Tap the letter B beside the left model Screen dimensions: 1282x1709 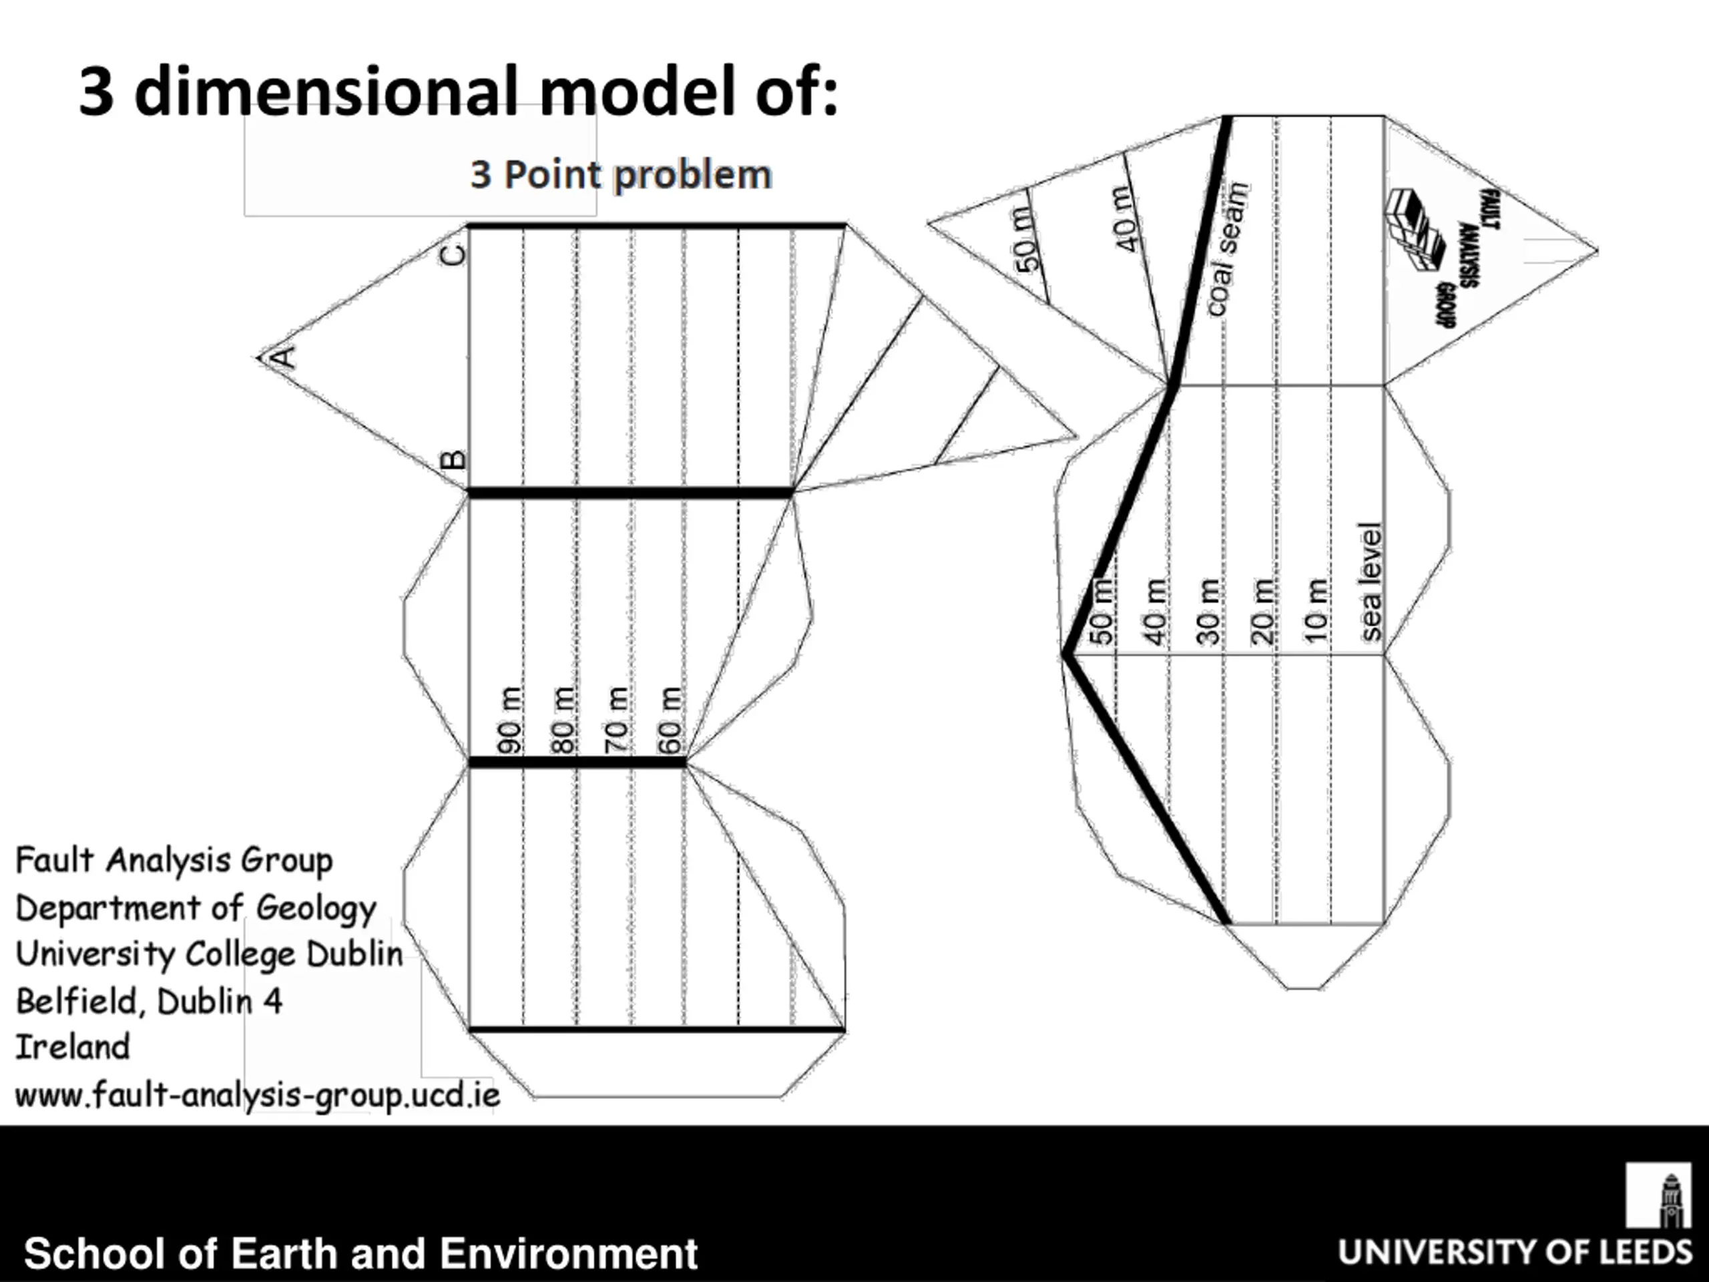(453, 460)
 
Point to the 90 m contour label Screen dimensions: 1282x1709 (509, 720)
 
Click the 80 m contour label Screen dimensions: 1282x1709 (563, 720)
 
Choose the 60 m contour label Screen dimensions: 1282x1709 (670, 720)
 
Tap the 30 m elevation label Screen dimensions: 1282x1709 (1208, 612)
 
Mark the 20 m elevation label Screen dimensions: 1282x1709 (1262, 612)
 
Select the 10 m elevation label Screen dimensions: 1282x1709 (1316, 612)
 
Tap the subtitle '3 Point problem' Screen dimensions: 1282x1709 (621, 175)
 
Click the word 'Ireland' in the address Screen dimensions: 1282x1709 (73, 1047)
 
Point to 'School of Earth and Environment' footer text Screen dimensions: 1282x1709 (360, 1253)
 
